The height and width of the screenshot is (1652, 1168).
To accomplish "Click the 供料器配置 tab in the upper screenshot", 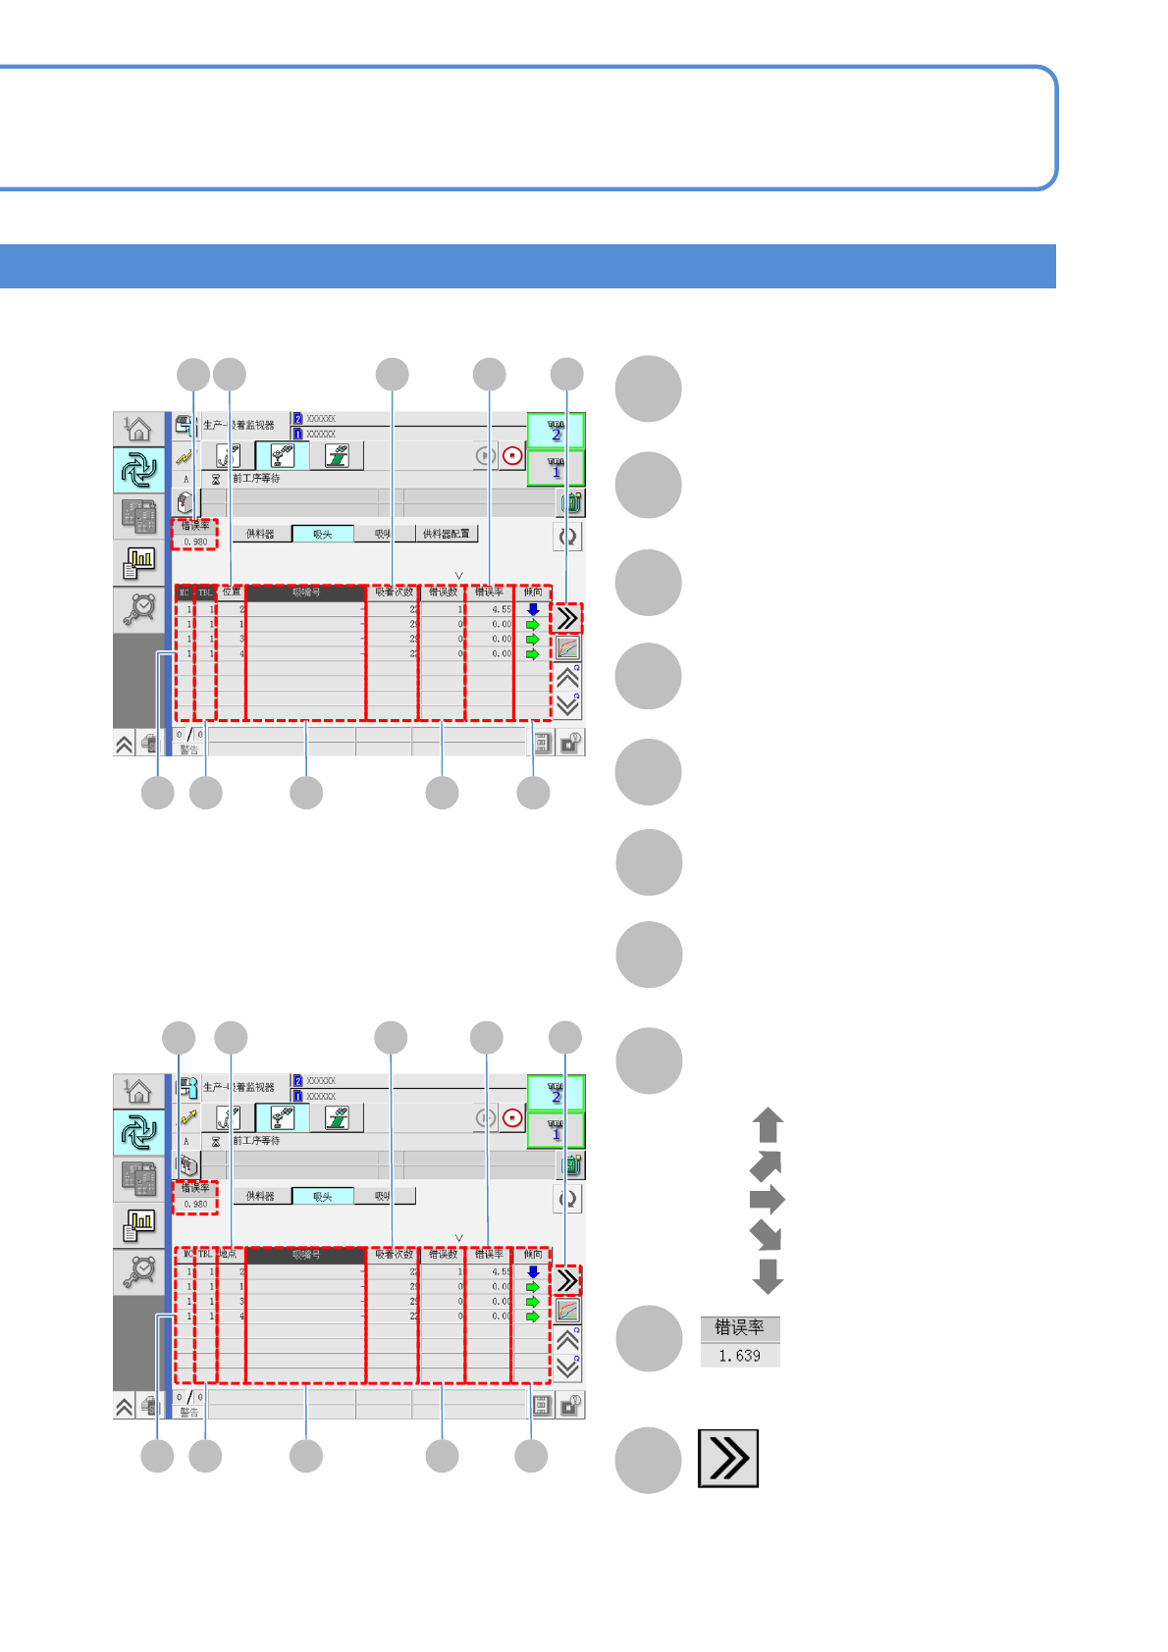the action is [446, 534].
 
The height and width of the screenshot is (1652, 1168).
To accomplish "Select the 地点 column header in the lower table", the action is [229, 1254].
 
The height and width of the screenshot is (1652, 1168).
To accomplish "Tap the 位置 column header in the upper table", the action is [231, 592].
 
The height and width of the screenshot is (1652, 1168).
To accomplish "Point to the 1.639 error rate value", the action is [739, 1355].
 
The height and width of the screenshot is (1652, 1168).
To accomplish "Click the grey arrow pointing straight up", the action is [768, 1125].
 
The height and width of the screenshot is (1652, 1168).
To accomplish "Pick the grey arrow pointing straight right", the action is [767, 1199].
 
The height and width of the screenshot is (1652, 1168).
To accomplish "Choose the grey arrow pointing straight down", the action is [768, 1275].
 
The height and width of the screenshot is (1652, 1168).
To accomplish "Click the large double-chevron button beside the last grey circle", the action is [728, 1459].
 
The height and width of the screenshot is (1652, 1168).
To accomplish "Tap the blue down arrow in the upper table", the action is [533, 609].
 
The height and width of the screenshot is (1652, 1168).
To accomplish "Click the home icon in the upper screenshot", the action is [138, 429].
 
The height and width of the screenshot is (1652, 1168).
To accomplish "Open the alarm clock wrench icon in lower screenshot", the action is [138, 1271].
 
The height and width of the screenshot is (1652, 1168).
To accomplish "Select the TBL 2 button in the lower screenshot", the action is [556, 1093].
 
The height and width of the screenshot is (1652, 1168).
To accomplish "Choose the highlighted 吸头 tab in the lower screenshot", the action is [322, 1196].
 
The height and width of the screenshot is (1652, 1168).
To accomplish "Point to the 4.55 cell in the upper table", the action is [501, 609].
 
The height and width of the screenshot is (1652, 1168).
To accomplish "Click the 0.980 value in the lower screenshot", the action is [195, 1204].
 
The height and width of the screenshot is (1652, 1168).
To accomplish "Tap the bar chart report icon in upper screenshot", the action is [138, 562].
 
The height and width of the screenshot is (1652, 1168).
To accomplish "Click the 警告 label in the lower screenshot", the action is [188, 1413].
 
